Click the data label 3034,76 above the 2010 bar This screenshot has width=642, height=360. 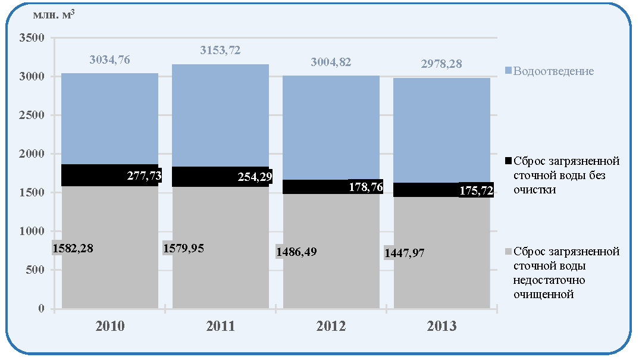[109, 60]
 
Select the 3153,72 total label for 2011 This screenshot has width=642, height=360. [220, 51]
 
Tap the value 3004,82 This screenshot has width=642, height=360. [331, 62]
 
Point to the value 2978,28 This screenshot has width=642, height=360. [441, 64]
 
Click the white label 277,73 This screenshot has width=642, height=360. [144, 176]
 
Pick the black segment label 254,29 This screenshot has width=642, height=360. [255, 177]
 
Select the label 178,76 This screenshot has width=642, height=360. [366, 187]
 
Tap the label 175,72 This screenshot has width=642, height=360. [476, 190]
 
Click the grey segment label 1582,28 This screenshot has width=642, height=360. [73, 248]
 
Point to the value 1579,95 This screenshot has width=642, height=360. [183, 248]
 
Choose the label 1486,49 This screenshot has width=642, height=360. [296, 252]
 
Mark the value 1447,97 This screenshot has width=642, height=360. [404, 253]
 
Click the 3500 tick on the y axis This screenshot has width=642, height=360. [32, 38]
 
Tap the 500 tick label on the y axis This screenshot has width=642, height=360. [35, 270]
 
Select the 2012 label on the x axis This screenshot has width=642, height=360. [331, 326]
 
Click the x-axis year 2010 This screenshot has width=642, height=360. [109, 326]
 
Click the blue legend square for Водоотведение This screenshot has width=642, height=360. [508, 71]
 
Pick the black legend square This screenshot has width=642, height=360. [508, 161]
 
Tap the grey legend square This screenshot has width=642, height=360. [508, 251]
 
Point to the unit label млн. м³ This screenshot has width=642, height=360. [54, 15]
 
